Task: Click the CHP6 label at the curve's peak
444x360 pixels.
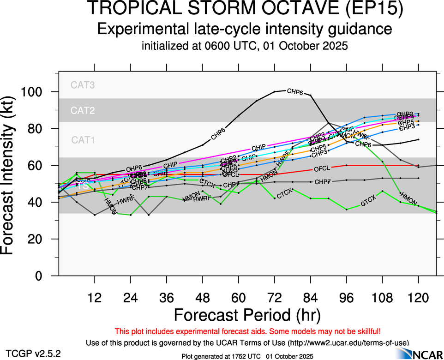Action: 295,91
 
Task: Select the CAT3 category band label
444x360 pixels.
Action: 83,85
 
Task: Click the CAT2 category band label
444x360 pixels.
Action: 83,111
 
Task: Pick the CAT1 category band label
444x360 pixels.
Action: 83,140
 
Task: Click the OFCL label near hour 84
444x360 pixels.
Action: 322,169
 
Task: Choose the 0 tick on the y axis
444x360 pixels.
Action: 44,276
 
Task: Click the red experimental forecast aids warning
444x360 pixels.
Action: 247,331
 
